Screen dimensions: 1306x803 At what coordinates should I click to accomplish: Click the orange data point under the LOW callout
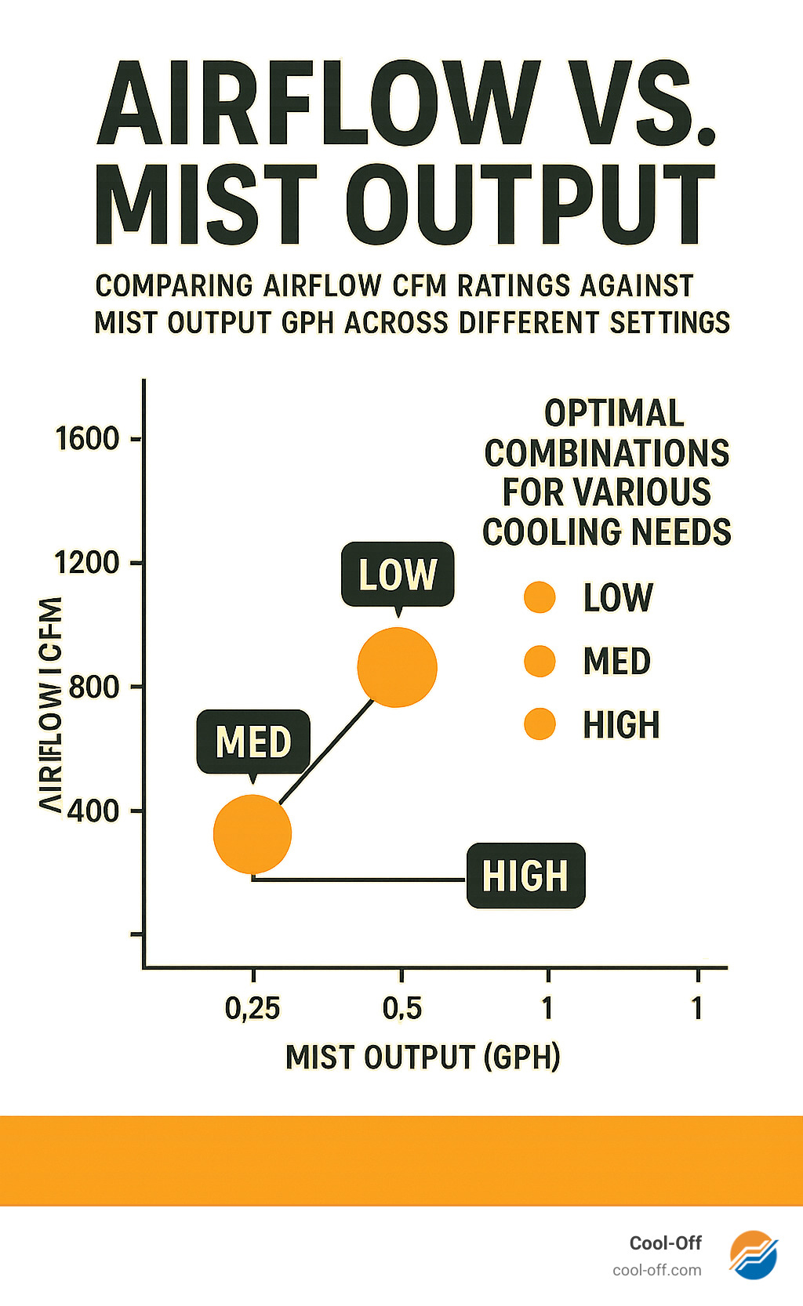pos(397,667)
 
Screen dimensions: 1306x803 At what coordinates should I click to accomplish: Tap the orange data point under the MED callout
pos(253,834)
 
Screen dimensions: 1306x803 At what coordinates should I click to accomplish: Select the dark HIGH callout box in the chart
pos(525,876)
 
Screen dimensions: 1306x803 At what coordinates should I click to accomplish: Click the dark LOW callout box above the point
pos(398,574)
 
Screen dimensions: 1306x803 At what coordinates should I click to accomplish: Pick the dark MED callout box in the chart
pos(253,742)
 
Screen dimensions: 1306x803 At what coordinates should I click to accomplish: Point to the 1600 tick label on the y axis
pos(87,438)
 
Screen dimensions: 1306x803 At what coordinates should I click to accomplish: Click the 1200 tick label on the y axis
pos(86,562)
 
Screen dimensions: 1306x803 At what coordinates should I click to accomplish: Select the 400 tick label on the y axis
pos(93,810)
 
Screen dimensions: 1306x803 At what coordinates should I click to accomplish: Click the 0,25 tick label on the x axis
pos(253,1008)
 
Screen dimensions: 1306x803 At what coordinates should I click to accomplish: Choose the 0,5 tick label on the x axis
pos(402,1008)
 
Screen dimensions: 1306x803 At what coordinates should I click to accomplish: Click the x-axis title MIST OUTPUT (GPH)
pos(423,1057)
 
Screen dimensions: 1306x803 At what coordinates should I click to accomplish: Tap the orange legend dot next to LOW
pos(540,597)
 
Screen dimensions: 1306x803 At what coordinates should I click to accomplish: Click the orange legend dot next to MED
pos(540,661)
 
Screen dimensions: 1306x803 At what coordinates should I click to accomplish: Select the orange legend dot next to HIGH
pos(540,724)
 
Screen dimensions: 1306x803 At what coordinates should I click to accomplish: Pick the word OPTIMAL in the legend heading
pos(614,413)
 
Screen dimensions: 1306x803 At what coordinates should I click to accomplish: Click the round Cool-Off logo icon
pos(753,1254)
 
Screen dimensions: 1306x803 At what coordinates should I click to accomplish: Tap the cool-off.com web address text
pos(657,1270)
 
